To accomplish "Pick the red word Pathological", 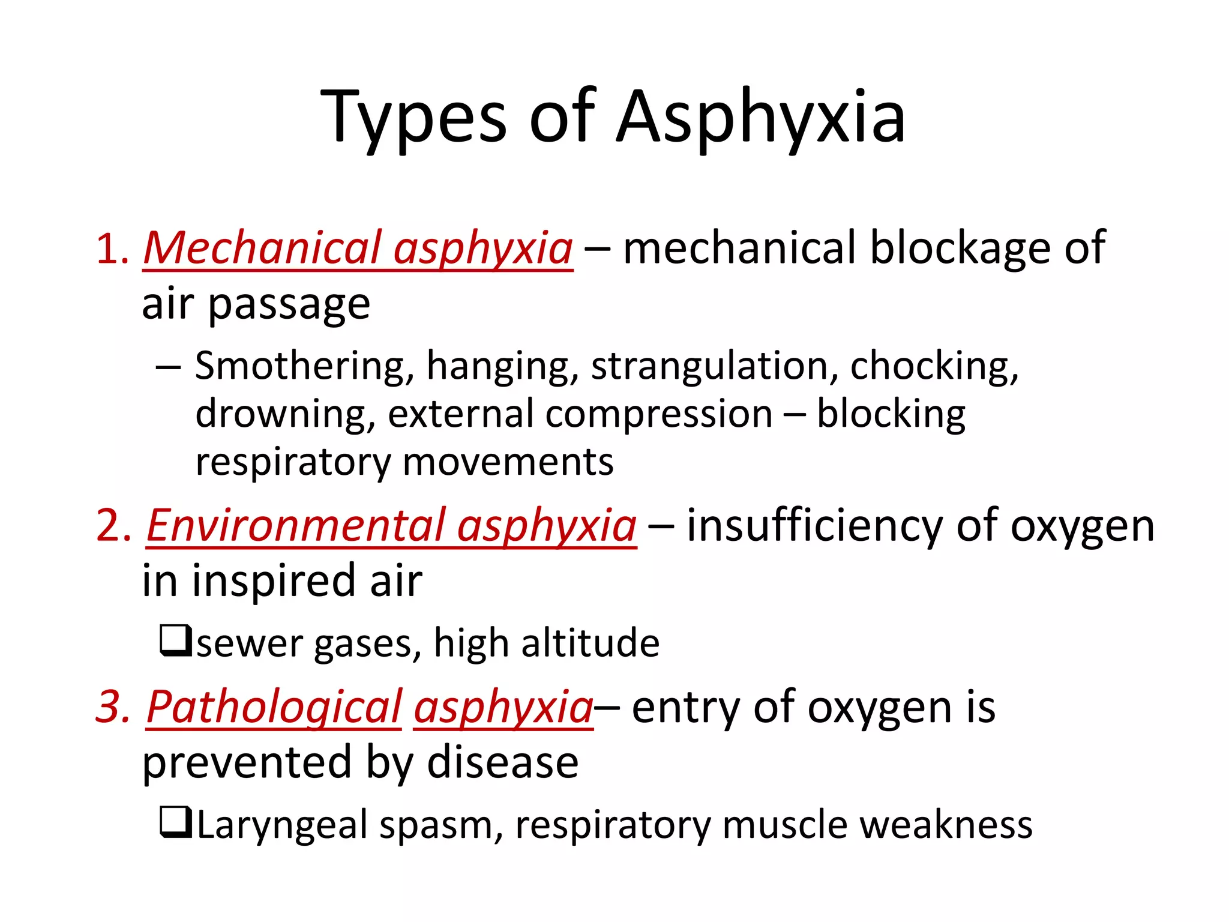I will pos(274,707).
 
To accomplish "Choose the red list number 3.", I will pos(113,707).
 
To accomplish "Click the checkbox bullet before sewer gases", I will pos(175,640).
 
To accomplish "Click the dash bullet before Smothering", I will pos(168,367).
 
